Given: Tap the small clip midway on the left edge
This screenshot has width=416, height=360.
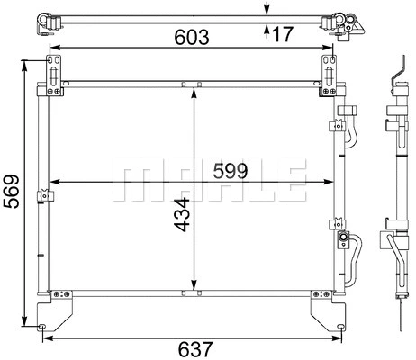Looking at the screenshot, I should tap(41, 195).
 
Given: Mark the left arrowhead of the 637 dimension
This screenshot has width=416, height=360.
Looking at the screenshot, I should tap(47, 337).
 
